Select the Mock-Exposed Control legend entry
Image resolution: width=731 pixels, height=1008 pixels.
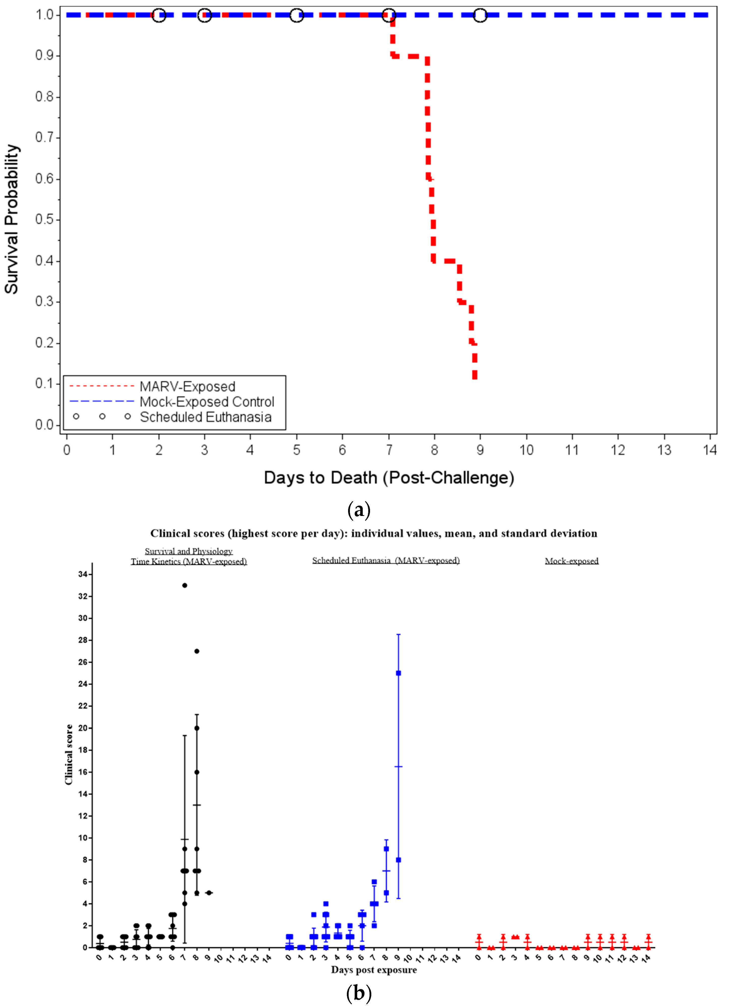[x=207, y=402]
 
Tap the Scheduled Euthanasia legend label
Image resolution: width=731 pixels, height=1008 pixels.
[x=205, y=417]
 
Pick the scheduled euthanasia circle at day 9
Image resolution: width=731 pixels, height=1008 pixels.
[x=480, y=15]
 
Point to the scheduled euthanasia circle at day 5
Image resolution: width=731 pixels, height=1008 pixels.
[x=296, y=15]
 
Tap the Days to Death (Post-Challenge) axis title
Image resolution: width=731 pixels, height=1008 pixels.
[x=389, y=477]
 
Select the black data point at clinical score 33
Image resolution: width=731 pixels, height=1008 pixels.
[x=184, y=585]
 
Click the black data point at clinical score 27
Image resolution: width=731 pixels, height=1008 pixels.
[x=197, y=651]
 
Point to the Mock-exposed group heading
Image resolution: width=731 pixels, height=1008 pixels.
[x=572, y=561]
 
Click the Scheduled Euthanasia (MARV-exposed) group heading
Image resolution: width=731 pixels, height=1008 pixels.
[x=386, y=561]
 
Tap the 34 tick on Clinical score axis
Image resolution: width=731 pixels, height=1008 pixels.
[x=83, y=574]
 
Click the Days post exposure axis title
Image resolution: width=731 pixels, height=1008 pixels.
[x=374, y=969]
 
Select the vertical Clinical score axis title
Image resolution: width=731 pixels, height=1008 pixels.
[x=69, y=754]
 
